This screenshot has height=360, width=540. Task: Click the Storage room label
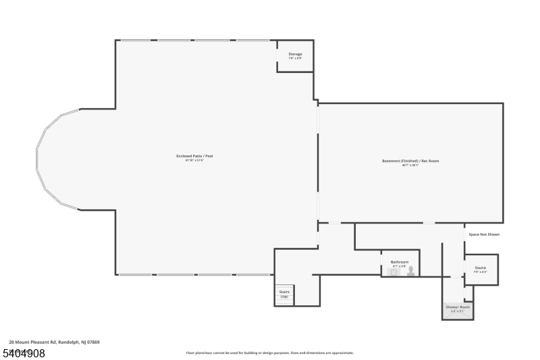pyautogui.click(x=295, y=54)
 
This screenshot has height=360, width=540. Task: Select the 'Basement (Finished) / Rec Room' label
pyautogui.click(x=410, y=161)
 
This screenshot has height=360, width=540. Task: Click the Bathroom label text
pyautogui.click(x=399, y=262)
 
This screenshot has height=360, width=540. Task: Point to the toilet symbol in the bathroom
pyautogui.click(x=410, y=272)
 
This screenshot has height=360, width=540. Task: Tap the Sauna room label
pyautogui.click(x=480, y=268)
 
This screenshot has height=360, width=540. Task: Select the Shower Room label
pyautogui.click(x=457, y=307)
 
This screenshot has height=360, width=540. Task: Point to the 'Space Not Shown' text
pyautogui.click(x=484, y=234)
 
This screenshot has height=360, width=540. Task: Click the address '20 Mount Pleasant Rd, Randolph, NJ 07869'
pyautogui.click(x=54, y=342)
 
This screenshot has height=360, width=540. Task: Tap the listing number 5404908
pyautogui.click(x=24, y=353)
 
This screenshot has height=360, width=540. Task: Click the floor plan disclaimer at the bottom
pyautogui.click(x=269, y=353)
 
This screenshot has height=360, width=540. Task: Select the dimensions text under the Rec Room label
pyautogui.click(x=410, y=165)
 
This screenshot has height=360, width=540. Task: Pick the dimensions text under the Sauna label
pyautogui.click(x=480, y=272)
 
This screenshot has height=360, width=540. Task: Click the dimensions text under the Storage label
pyautogui.click(x=295, y=59)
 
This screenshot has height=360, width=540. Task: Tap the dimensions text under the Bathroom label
pyautogui.click(x=399, y=266)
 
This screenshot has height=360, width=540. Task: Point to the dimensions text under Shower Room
pyautogui.click(x=457, y=311)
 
